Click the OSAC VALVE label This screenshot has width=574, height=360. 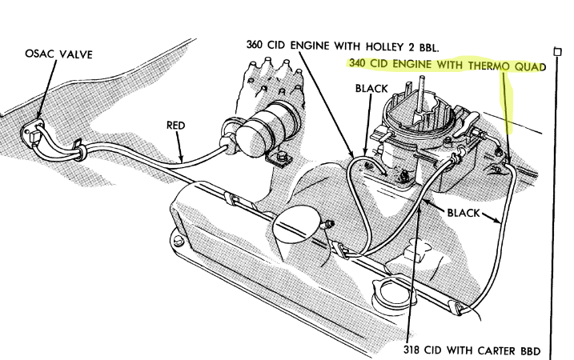(58, 54)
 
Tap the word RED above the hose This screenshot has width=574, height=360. (175, 125)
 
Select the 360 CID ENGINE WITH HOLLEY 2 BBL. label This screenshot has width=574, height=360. (343, 46)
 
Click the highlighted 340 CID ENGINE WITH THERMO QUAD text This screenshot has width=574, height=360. (448, 66)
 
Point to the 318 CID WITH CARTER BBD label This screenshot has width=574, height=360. (472, 350)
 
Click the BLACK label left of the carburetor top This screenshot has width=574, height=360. (371, 88)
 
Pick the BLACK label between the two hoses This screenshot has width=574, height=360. (463, 213)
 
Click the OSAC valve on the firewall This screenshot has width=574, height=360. (32, 134)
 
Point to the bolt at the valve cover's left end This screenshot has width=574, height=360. (178, 241)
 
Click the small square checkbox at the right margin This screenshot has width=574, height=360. (557, 52)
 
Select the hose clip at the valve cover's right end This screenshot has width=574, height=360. (458, 307)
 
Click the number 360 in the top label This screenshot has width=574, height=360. (254, 45)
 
